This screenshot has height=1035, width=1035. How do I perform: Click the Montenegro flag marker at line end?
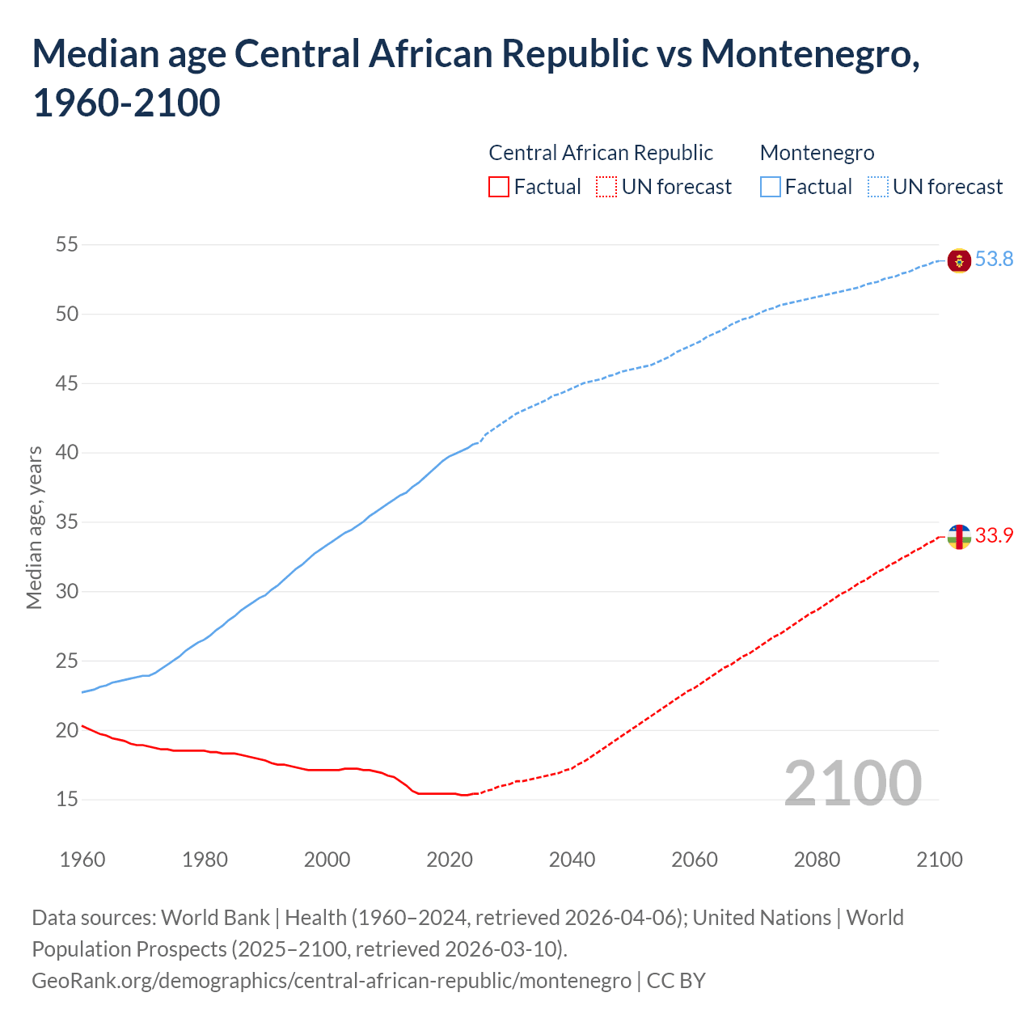(959, 261)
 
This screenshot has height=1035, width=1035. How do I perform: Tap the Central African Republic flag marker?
(959, 537)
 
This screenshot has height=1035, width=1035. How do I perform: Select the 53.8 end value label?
(994, 260)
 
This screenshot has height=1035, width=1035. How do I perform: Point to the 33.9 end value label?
(994, 536)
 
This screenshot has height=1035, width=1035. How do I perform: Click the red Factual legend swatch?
(499, 188)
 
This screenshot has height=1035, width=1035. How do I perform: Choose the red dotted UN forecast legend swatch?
(606, 188)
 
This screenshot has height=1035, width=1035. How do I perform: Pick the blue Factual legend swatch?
(771, 188)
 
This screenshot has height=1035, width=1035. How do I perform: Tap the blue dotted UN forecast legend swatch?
(878, 188)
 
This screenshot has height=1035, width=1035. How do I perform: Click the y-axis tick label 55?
(67, 244)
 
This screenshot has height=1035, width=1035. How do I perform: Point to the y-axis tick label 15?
(67, 800)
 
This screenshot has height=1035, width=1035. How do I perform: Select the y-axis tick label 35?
(67, 522)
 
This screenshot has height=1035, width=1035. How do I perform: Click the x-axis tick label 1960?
(82, 860)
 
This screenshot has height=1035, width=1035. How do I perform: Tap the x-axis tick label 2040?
(572, 860)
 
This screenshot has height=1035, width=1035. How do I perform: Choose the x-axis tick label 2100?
(940, 860)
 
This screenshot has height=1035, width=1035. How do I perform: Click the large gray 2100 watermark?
(852, 783)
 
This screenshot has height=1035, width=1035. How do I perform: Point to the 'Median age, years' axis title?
(34, 527)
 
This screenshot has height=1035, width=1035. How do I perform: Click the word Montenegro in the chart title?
(809, 54)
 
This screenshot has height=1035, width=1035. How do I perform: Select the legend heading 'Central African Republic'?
(601, 153)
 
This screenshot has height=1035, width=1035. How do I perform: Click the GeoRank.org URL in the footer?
(332, 981)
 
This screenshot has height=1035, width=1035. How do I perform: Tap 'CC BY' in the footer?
(676, 981)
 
